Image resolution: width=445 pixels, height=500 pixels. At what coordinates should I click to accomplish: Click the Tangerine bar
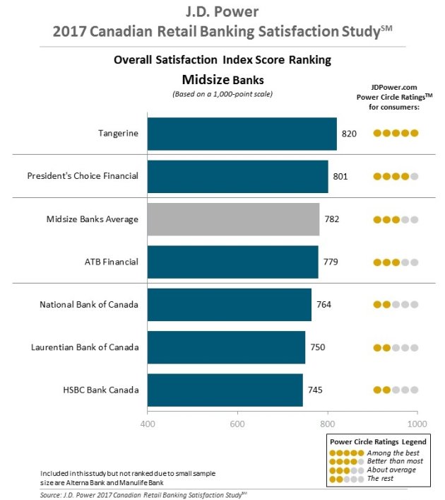[x=242, y=134]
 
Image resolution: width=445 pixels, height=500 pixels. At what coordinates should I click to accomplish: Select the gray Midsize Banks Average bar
[x=234, y=219]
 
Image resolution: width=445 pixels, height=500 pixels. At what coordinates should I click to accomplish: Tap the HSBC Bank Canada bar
[x=225, y=390]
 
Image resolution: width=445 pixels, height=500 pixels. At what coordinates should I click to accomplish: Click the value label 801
[x=340, y=176]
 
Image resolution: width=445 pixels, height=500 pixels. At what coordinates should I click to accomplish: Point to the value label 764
[x=324, y=305]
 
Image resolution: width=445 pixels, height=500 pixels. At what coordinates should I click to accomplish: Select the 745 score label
[x=315, y=390]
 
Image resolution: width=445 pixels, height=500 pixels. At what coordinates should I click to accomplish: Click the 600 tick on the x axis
[x=237, y=424]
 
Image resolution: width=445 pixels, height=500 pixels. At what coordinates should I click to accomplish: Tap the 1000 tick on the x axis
[x=417, y=424]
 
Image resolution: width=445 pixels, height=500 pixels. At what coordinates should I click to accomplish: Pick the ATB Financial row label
[x=112, y=262]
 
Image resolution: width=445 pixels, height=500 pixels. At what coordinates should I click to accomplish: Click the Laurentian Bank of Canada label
[x=85, y=347]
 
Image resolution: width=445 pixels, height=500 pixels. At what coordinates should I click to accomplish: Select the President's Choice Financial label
[x=83, y=175]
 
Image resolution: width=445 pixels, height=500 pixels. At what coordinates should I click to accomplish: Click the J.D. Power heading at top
[x=222, y=12]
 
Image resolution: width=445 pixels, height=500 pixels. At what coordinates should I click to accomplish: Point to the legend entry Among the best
[x=393, y=453]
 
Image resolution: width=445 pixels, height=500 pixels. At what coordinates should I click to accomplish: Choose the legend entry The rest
[x=380, y=478]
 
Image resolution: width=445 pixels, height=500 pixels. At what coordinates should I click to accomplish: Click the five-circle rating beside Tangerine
[x=396, y=133]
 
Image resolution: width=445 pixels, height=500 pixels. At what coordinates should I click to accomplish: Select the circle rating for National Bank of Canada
[x=396, y=305]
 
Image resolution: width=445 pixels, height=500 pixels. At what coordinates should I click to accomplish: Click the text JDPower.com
[x=394, y=88]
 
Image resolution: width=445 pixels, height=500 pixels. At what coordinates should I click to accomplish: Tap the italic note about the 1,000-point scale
[x=222, y=94]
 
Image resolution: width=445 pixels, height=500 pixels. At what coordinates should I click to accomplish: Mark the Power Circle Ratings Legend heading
[x=378, y=442]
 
